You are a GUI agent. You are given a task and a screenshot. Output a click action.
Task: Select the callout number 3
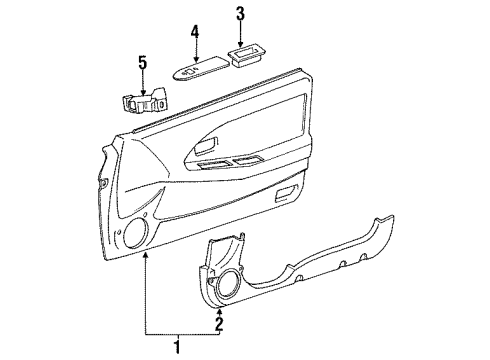coord(240,13)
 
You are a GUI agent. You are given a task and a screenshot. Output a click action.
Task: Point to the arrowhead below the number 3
coord(240,42)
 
